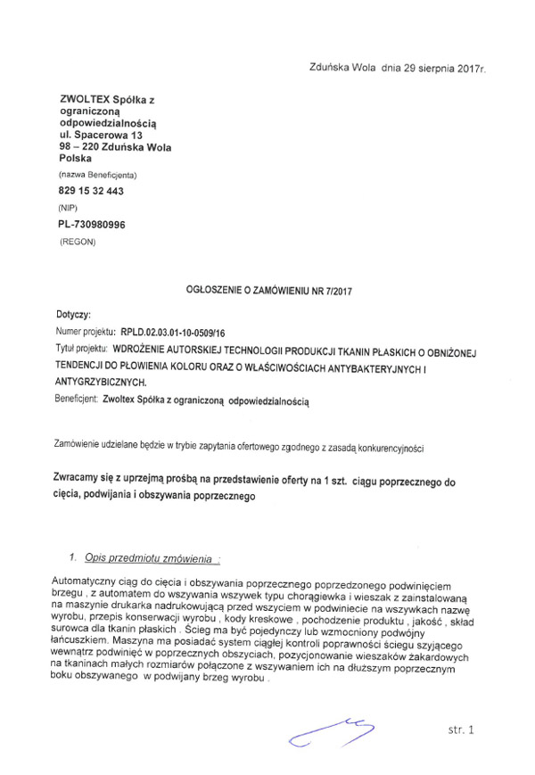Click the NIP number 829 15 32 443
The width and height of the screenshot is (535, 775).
coord(90,190)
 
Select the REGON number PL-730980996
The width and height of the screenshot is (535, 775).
coord(92,224)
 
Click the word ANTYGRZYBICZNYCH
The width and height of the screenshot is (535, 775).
coord(101,381)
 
